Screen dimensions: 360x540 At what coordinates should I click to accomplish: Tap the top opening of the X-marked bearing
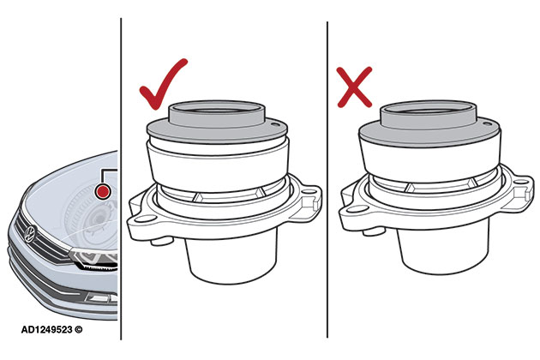point(429,111)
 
